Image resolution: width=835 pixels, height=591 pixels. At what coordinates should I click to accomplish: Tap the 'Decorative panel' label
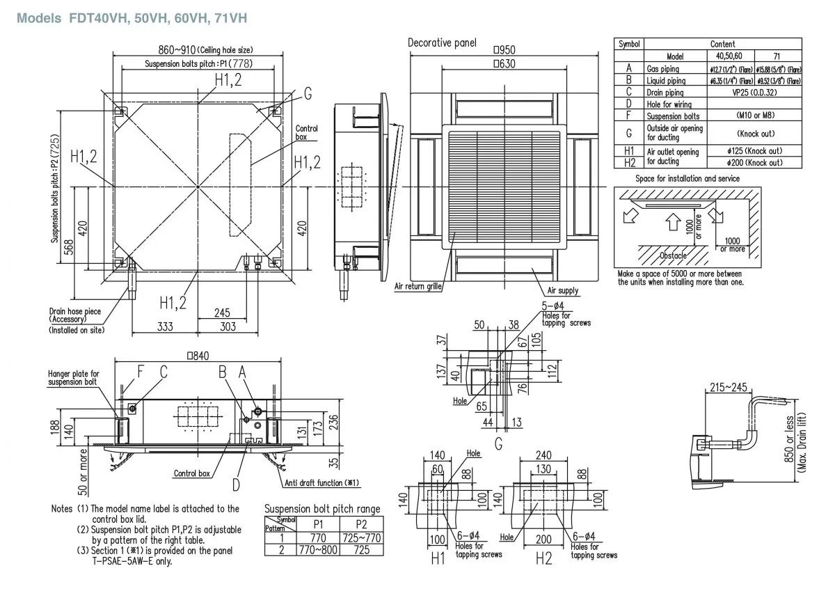click(442, 43)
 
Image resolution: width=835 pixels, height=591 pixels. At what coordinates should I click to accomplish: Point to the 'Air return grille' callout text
click(419, 285)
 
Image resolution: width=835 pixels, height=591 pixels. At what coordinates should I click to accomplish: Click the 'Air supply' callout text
click(562, 290)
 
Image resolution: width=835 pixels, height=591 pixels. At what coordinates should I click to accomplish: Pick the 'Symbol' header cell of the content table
click(629, 44)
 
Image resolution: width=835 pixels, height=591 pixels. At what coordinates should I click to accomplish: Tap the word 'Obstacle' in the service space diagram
click(673, 255)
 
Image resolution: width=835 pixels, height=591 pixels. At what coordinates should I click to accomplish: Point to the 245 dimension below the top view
click(221, 313)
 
